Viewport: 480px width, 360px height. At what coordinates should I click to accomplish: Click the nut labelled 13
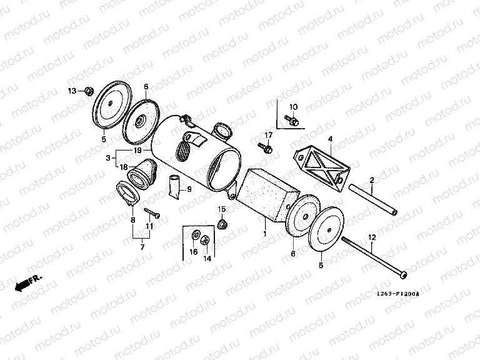tap(89, 91)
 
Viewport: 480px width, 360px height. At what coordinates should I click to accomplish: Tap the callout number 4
tap(330, 139)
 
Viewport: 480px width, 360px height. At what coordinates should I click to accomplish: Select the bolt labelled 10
tap(292, 120)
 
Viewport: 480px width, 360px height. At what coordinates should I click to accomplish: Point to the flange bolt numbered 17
tap(265, 147)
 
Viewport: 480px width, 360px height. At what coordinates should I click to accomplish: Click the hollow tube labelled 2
tap(373, 199)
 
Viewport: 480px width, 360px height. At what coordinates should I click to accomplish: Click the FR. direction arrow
tap(28, 284)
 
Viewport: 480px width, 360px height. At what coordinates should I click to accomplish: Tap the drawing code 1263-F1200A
tap(397, 294)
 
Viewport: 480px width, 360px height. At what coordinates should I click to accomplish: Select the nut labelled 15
tap(222, 224)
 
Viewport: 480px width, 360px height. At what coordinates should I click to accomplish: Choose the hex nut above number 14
tap(205, 239)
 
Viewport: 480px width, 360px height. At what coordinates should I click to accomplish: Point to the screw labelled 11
tap(152, 212)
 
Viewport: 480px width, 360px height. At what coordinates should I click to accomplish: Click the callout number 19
tap(137, 151)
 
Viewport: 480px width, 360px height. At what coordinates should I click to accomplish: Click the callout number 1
tap(265, 234)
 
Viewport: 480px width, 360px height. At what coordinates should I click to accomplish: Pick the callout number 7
tap(142, 247)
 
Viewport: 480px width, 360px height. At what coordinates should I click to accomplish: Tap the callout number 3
tap(108, 158)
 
